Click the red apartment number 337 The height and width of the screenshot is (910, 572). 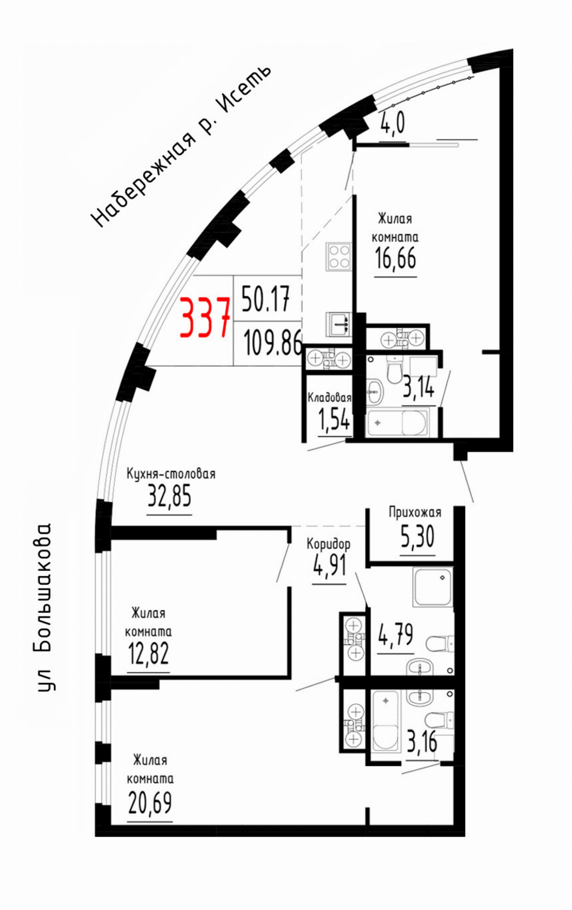(x=205, y=317)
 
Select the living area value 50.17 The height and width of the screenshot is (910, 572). (x=266, y=298)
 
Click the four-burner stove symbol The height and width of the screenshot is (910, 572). (x=339, y=257)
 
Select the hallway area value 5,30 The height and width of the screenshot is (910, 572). (x=418, y=537)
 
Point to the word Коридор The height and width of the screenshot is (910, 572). (x=328, y=544)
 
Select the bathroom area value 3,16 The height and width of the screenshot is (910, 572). (x=422, y=742)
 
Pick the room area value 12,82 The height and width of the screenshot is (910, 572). (x=148, y=653)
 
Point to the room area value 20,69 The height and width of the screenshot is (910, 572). (x=150, y=803)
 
